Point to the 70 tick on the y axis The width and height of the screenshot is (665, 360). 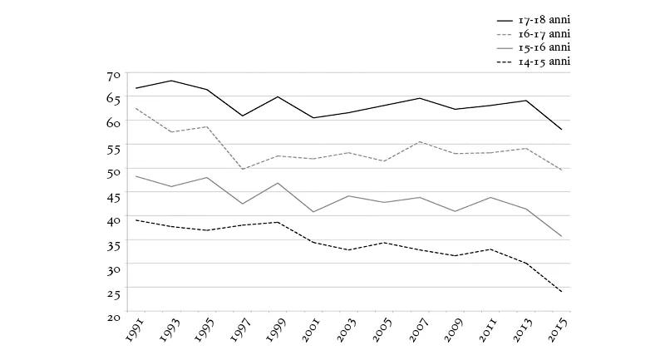click(x=114, y=75)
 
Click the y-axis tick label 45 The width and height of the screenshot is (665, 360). click(x=114, y=195)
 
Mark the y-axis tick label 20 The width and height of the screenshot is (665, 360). click(x=114, y=316)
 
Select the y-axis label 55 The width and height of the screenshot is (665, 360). click(x=114, y=147)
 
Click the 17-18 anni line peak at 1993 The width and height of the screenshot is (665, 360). click(x=171, y=81)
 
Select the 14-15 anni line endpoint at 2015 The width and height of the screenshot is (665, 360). click(x=563, y=292)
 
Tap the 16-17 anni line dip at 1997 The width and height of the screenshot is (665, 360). click(x=242, y=169)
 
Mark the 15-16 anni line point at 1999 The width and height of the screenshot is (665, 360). click(x=278, y=183)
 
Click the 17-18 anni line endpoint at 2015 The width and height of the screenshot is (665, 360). click(x=563, y=130)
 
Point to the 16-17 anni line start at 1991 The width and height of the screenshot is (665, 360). click(x=135, y=108)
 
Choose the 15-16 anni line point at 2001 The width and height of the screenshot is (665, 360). click(x=313, y=212)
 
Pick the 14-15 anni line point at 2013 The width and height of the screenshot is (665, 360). click(x=527, y=263)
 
